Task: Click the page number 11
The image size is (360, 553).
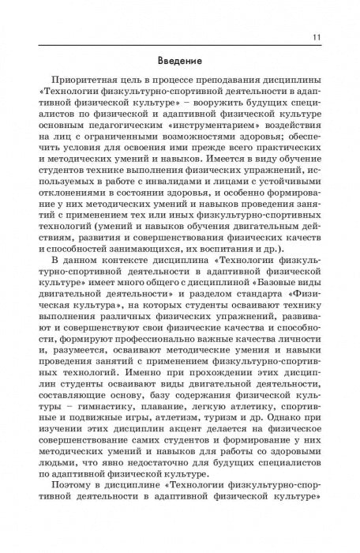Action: (317, 36)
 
